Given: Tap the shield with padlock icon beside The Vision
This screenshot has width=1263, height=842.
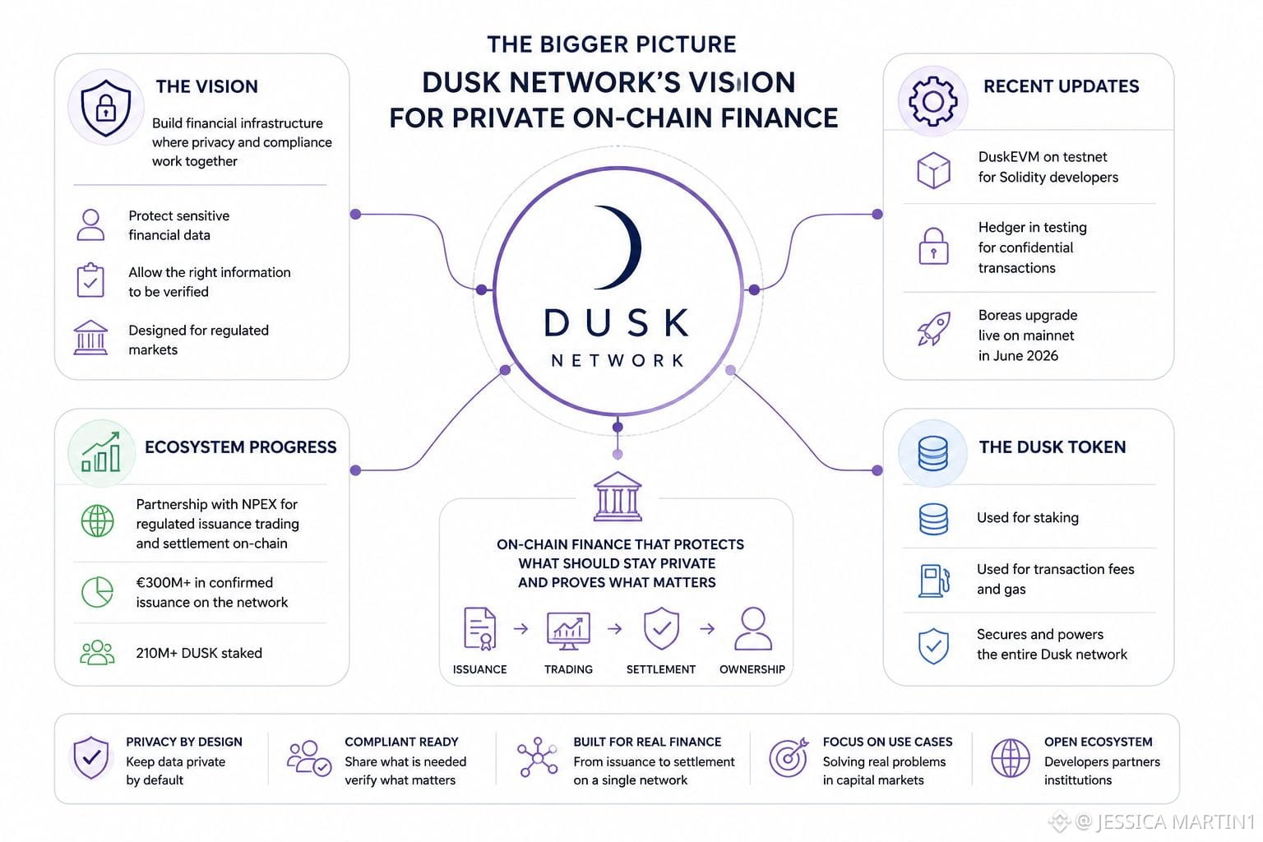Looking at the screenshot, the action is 105,108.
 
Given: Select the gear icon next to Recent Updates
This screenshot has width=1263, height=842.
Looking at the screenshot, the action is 932,101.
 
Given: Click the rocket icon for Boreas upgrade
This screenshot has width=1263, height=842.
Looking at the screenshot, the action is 934,329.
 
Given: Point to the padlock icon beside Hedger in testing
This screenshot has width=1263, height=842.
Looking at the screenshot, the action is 934,247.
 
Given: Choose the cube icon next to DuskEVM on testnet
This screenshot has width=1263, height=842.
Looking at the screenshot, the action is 934,170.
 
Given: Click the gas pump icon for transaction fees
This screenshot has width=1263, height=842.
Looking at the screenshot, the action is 934,581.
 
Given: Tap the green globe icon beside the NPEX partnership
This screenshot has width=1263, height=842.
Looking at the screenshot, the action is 97,520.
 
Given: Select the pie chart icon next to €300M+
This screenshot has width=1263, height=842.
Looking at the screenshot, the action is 97,591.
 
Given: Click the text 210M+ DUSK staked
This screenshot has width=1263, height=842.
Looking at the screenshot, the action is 199,653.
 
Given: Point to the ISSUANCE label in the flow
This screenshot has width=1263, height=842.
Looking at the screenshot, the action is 480,669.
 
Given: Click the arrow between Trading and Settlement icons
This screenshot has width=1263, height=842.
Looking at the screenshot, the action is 615,629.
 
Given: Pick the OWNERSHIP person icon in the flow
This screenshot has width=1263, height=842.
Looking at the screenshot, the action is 753,629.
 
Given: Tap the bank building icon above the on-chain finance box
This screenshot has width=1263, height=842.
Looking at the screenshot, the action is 618,497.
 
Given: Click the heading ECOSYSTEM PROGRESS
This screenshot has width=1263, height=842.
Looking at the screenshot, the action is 241,447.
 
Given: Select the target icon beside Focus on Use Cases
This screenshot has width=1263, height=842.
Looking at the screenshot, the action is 789,757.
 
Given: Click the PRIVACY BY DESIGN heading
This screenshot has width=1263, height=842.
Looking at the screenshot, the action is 184,742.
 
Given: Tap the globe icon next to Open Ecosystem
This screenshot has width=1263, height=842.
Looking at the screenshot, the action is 1011,758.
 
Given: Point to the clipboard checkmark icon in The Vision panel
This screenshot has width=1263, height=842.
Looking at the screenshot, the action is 90,280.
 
